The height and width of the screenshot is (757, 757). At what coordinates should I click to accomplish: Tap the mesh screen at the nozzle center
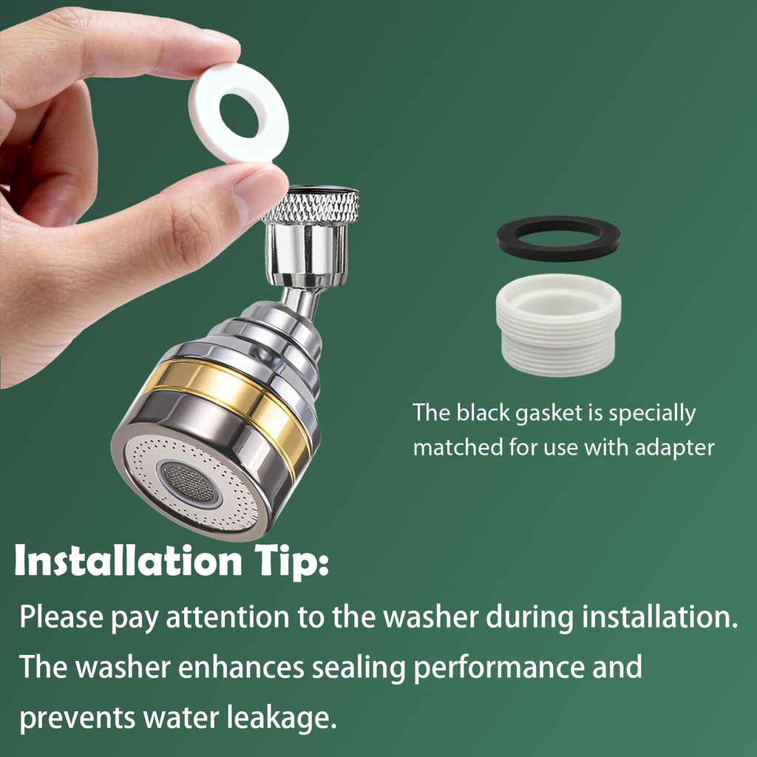point(189,482)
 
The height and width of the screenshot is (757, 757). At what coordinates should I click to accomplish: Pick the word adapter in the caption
point(674,448)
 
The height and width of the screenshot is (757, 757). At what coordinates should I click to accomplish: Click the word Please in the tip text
point(61,617)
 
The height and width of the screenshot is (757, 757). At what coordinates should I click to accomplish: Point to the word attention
point(228,617)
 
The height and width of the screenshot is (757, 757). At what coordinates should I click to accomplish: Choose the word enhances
point(241,668)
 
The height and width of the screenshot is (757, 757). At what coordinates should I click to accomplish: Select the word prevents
point(77,719)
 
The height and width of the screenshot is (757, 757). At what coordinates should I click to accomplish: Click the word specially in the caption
point(652,414)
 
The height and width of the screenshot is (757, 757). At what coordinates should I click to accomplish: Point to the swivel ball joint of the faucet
point(263,355)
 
